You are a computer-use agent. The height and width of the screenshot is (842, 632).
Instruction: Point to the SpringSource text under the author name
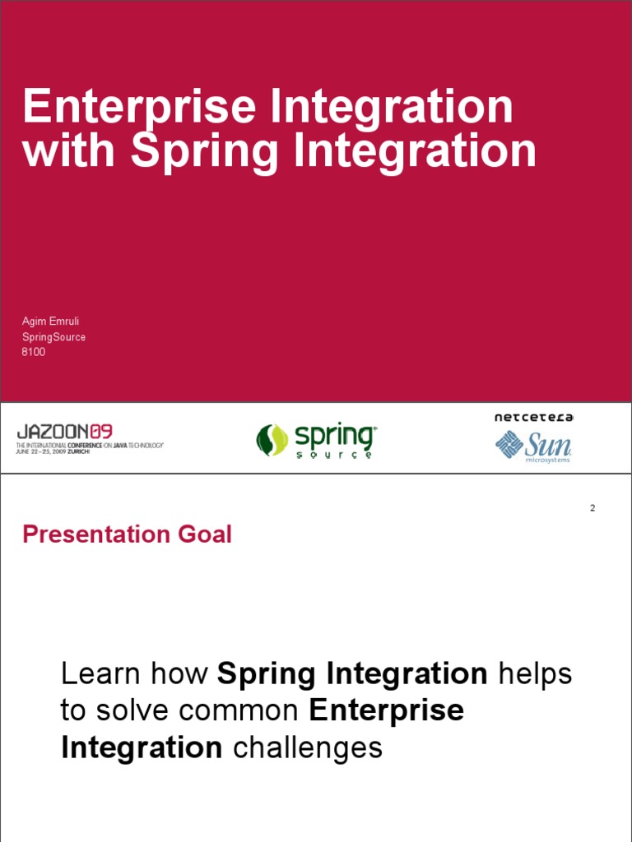pyautogui.click(x=53, y=336)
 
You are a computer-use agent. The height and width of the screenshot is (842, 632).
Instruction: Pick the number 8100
pyautogui.click(x=34, y=352)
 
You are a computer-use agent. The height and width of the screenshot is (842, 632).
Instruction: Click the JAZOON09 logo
pyautogui.click(x=65, y=431)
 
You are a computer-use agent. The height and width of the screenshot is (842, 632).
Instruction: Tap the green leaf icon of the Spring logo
pyautogui.click(x=272, y=440)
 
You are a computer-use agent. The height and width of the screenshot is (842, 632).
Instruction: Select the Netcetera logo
pyautogui.click(x=533, y=418)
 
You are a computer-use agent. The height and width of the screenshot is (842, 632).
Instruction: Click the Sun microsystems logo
pyautogui.click(x=533, y=446)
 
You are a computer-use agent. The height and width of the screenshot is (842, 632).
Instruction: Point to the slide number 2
pyautogui.click(x=592, y=508)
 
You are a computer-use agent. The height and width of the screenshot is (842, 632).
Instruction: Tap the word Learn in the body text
pyautogui.click(x=96, y=674)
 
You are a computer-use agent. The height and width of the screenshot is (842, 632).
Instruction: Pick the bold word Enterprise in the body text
pyautogui.click(x=387, y=711)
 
